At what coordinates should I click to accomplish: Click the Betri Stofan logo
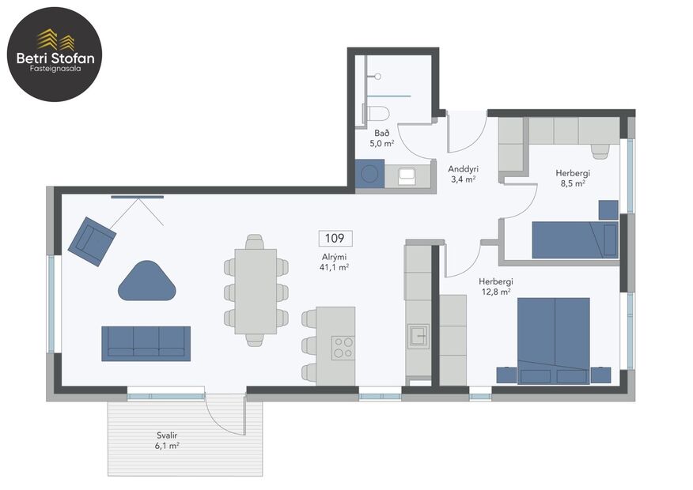pos(55,54)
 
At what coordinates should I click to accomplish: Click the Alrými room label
pos(335,257)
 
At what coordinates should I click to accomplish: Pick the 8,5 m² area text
pos(573,183)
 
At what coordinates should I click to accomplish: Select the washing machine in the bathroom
pos(369,173)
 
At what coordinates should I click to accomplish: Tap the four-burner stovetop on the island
pos(343,347)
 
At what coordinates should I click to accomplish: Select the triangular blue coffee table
pos(148,281)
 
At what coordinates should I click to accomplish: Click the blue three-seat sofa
pos(146,343)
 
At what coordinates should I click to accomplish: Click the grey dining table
pos(255,291)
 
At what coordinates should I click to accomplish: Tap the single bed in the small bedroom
pos(574,239)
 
